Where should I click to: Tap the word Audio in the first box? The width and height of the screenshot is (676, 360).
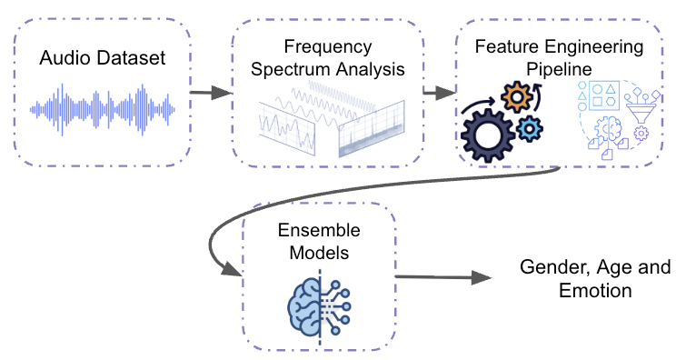(x=65, y=60)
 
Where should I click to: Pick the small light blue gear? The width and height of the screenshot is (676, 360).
(x=531, y=130)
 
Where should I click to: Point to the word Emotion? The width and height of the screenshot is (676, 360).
(x=596, y=292)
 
